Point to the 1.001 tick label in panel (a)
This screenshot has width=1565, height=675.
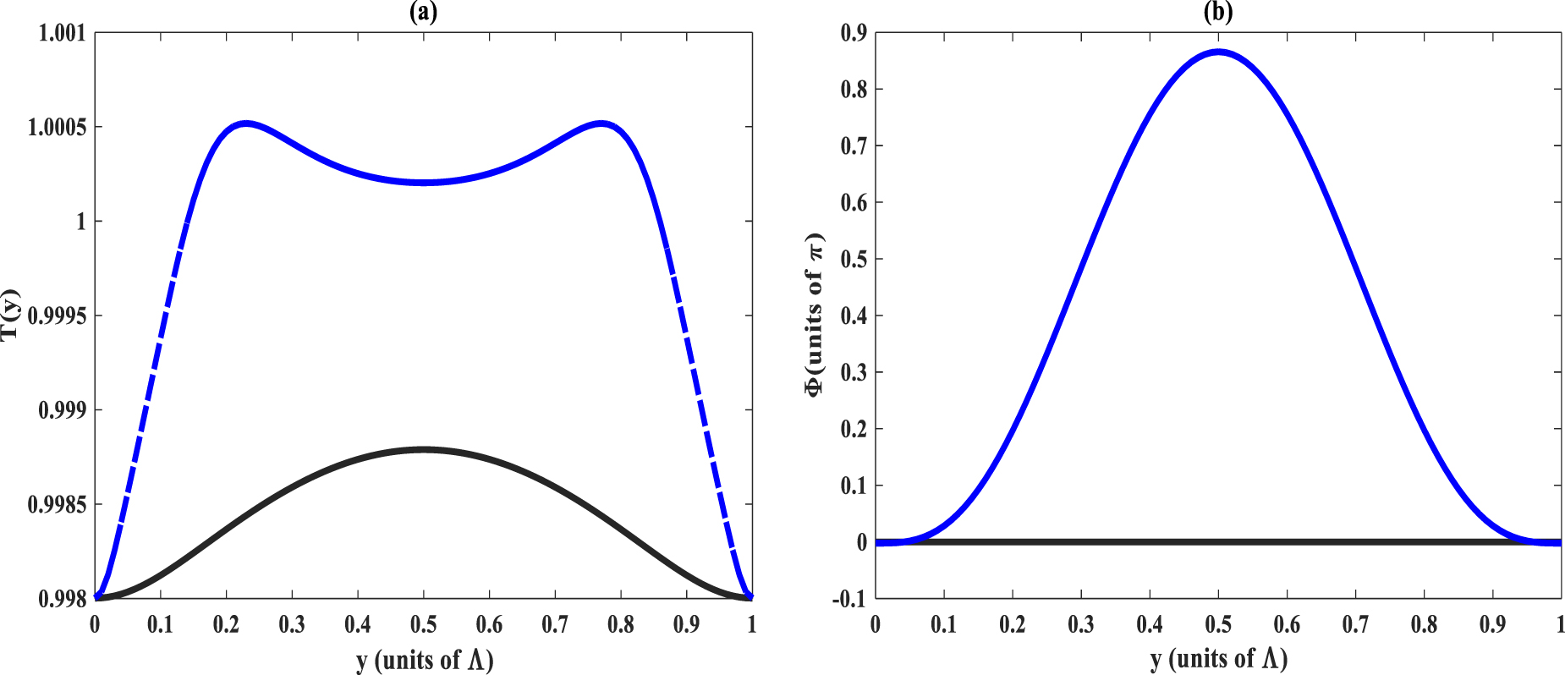(62, 33)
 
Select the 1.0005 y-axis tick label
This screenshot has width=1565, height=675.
(57, 127)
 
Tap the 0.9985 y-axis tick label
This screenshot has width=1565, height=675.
(57, 505)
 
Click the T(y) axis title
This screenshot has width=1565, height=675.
(10, 315)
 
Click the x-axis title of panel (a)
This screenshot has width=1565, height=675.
(424, 659)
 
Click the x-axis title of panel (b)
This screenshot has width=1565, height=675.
(1218, 657)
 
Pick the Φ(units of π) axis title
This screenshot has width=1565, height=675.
(814, 315)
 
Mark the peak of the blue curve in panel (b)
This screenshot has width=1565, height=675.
(1218, 52)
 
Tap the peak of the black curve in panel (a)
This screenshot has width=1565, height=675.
(424, 449)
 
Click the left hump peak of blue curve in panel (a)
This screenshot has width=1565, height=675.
(245, 123)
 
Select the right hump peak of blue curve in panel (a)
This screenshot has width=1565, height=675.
(601, 123)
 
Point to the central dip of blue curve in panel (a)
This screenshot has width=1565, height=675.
(424, 183)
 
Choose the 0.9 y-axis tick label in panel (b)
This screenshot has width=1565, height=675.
(854, 33)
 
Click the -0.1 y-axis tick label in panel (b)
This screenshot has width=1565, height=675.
(849, 599)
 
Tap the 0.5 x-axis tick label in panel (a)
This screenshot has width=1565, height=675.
(424, 625)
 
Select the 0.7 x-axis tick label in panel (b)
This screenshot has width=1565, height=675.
(1355, 625)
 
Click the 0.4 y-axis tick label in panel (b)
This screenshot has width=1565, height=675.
(854, 316)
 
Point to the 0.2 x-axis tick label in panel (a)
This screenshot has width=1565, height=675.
(226, 625)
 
